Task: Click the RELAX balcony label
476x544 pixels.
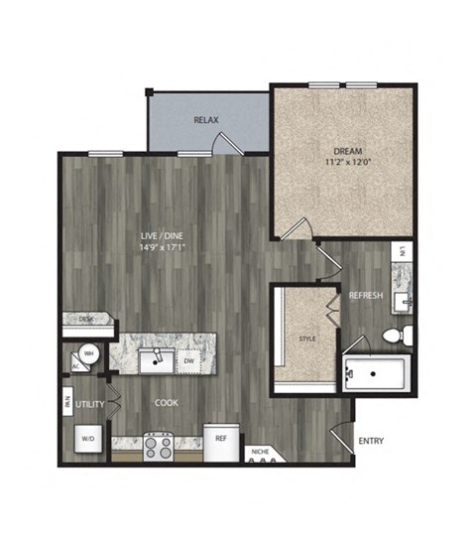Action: (x=205, y=120)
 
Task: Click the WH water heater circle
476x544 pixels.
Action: (x=88, y=352)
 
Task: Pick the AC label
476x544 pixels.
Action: (x=75, y=365)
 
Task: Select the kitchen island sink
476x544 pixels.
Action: (x=155, y=358)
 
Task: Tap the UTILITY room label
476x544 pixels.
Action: (x=90, y=406)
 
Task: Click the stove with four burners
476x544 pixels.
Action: (x=160, y=447)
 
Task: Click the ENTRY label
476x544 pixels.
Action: (x=371, y=441)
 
